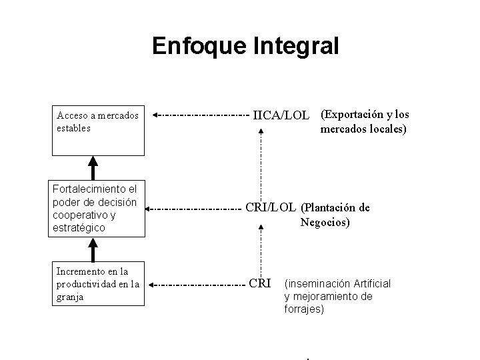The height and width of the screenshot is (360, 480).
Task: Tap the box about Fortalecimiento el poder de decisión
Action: tap(98, 208)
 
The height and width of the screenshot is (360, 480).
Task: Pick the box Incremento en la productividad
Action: tap(98, 284)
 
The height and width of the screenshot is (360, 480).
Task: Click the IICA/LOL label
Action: tap(281, 115)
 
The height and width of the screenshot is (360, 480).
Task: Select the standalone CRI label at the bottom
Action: tap(259, 283)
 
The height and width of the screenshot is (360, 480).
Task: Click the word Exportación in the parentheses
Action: tap(353, 114)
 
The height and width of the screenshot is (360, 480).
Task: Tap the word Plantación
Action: tap(333, 207)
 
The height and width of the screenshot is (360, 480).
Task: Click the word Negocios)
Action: tap(325, 223)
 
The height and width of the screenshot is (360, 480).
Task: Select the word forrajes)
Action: tap(304, 309)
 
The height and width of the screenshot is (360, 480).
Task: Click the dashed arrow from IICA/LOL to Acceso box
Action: tap(200, 115)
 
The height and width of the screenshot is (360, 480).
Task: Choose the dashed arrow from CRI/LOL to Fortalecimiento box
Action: tap(193, 209)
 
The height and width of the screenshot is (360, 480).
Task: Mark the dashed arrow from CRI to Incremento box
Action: tap(197, 285)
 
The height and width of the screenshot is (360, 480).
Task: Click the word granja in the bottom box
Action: tap(70, 297)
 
